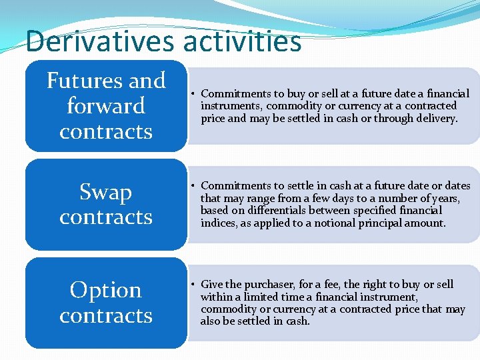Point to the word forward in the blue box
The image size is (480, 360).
[106, 106]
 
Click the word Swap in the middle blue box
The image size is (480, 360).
[105, 192]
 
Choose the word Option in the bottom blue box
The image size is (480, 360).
[105, 290]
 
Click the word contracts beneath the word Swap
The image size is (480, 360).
[105, 217]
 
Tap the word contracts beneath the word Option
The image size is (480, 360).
[105, 315]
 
